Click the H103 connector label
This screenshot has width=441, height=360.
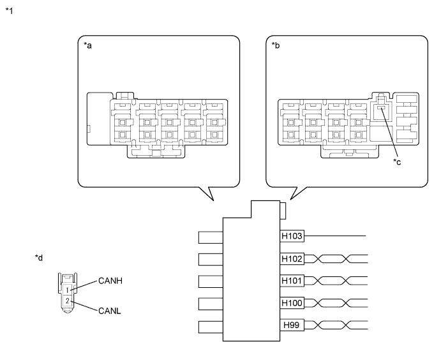click(292, 236)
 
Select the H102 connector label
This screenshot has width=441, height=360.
click(292, 259)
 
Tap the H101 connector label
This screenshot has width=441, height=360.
click(292, 281)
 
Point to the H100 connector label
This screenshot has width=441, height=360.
click(292, 303)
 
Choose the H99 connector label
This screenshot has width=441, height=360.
click(292, 325)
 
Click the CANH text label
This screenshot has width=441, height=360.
click(110, 281)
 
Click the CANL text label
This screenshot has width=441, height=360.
click(110, 311)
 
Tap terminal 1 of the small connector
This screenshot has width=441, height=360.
click(68, 290)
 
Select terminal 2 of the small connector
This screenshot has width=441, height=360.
click(68, 301)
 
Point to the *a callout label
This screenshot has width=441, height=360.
click(87, 45)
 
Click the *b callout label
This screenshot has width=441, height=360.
click(276, 45)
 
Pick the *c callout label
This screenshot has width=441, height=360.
click(397, 162)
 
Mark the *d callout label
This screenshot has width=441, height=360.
click(39, 258)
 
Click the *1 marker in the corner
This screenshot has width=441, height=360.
click(10, 11)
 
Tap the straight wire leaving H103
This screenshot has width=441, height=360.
click(334, 236)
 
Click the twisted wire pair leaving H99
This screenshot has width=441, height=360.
click(336, 325)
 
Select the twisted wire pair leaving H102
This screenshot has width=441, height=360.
click(336, 259)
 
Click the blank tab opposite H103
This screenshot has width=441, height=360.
click(211, 237)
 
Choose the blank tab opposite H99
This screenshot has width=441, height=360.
click(211, 327)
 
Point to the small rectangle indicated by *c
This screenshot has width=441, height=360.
click(381, 109)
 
